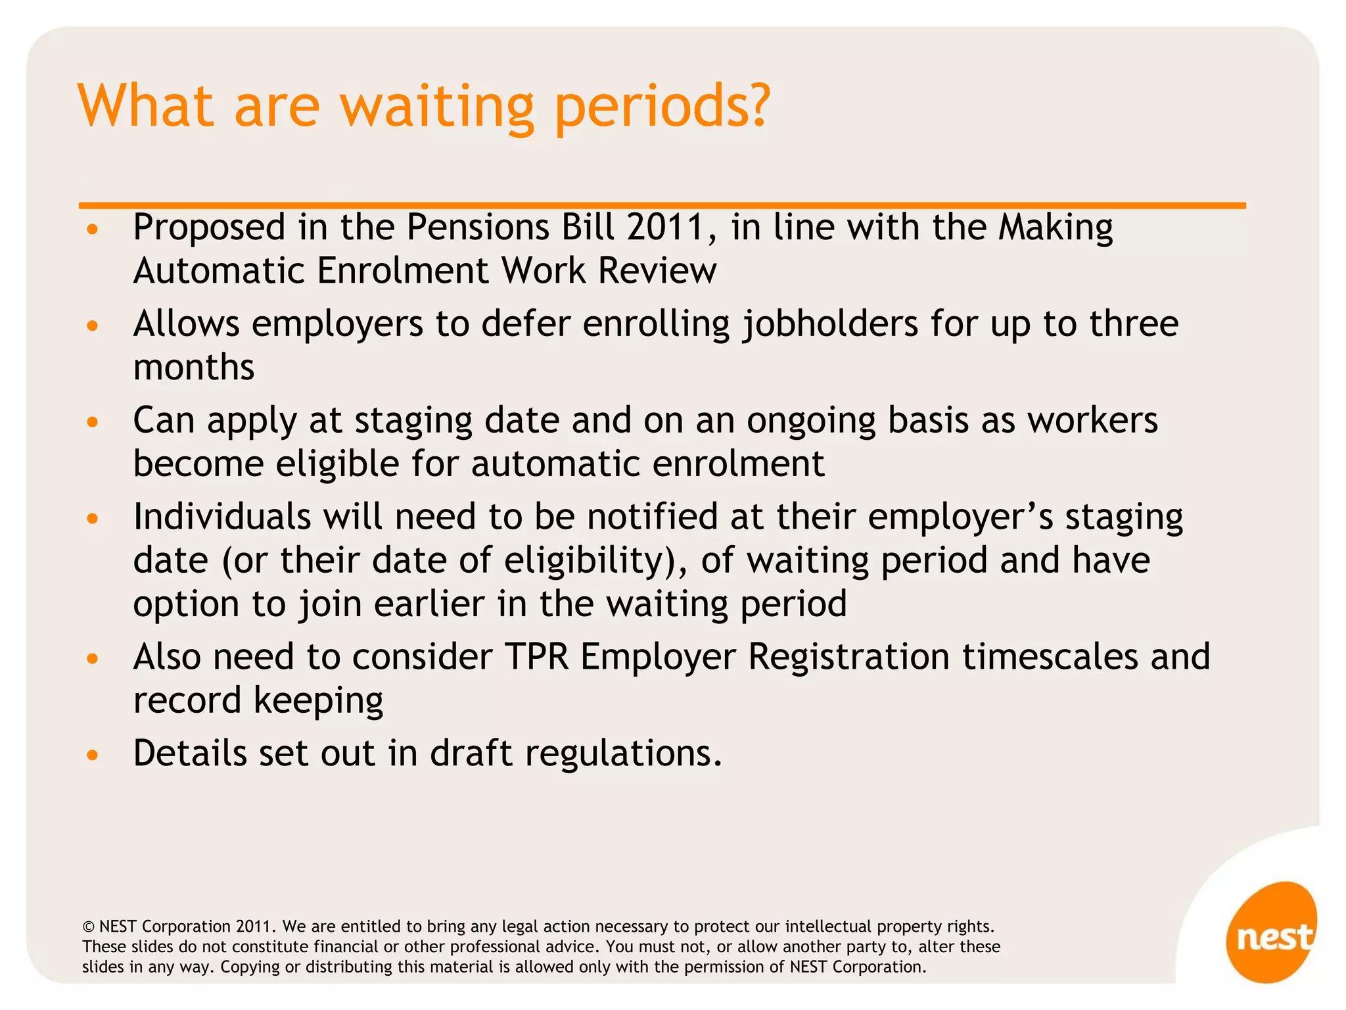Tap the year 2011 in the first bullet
[x=665, y=228]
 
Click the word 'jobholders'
[x=830, y=325]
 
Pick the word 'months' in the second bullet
[x=194, y=368]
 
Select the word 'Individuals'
[x=222, y=517]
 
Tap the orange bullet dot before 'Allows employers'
[x=93, y=325]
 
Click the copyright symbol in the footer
[x=88, y=927]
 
